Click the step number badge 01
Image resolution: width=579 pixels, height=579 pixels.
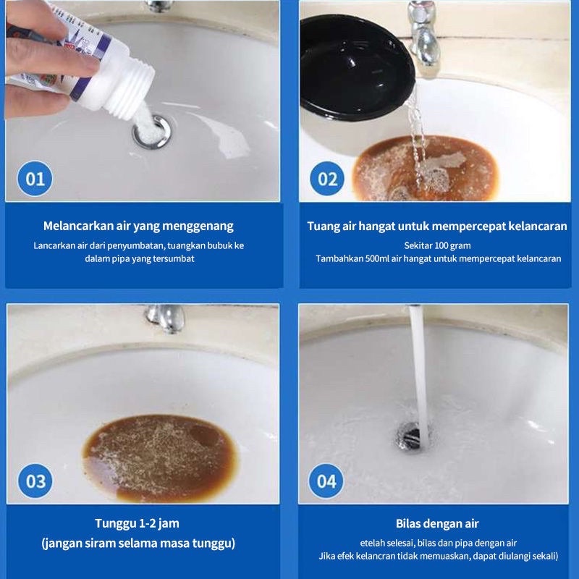[35, 178]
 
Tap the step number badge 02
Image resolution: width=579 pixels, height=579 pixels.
[327, 178]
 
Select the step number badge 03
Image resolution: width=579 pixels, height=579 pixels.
[35, 481]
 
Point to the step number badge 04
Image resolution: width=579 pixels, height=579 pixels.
[327, 481]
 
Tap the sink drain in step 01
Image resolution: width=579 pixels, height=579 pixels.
[151, 133]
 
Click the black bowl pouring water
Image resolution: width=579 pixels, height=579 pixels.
[355, 65]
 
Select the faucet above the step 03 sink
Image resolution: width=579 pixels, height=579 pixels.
[166, 317]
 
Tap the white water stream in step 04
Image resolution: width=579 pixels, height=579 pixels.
[418, 369]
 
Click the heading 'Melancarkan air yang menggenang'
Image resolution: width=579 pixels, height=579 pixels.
[138, 226]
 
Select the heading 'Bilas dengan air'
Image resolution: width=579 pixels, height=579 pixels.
[437, 523]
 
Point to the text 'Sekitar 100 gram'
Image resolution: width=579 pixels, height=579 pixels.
[437, 245]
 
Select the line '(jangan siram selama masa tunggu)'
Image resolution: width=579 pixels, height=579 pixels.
[138, 543]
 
